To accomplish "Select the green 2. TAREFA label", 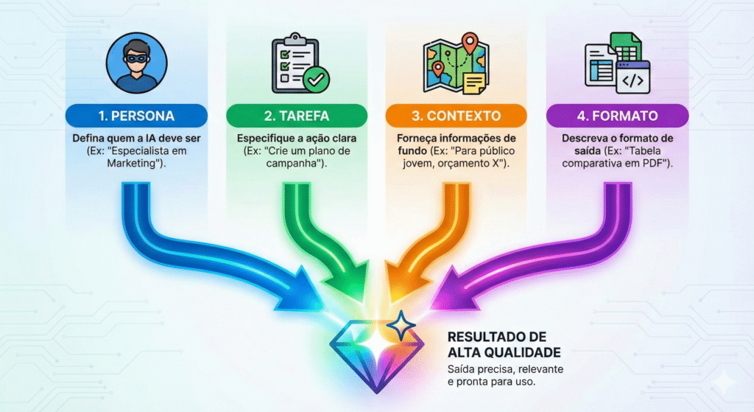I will coord(296,116).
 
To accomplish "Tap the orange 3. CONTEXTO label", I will coord(457,116).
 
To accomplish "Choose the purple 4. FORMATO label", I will coord(617,116).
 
